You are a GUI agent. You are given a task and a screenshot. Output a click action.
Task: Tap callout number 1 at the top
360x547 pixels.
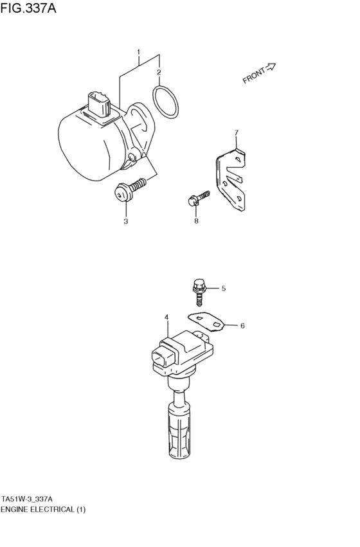pyautogui.click(x=138, y=51)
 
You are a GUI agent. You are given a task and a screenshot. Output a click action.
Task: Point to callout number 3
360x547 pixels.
pyautogui.click(x=125, y=221)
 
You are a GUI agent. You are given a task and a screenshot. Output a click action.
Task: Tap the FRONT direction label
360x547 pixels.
pyautogui.click(x=254, y=75)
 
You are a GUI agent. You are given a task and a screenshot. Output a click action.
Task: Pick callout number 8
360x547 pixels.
pyautogui.click(x=196, y=221)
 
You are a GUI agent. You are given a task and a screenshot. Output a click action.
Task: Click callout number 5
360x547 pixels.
pyautogui.click(x=224, y=289)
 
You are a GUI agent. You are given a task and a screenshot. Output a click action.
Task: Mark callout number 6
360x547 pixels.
pyautogui.click(x=242, y=326)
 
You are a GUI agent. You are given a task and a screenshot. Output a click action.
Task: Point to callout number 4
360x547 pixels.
pyautogui.click(x=166, y=317)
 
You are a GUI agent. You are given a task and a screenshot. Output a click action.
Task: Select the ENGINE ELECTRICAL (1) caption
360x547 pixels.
pyautogui.click(x=42, y=509)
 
